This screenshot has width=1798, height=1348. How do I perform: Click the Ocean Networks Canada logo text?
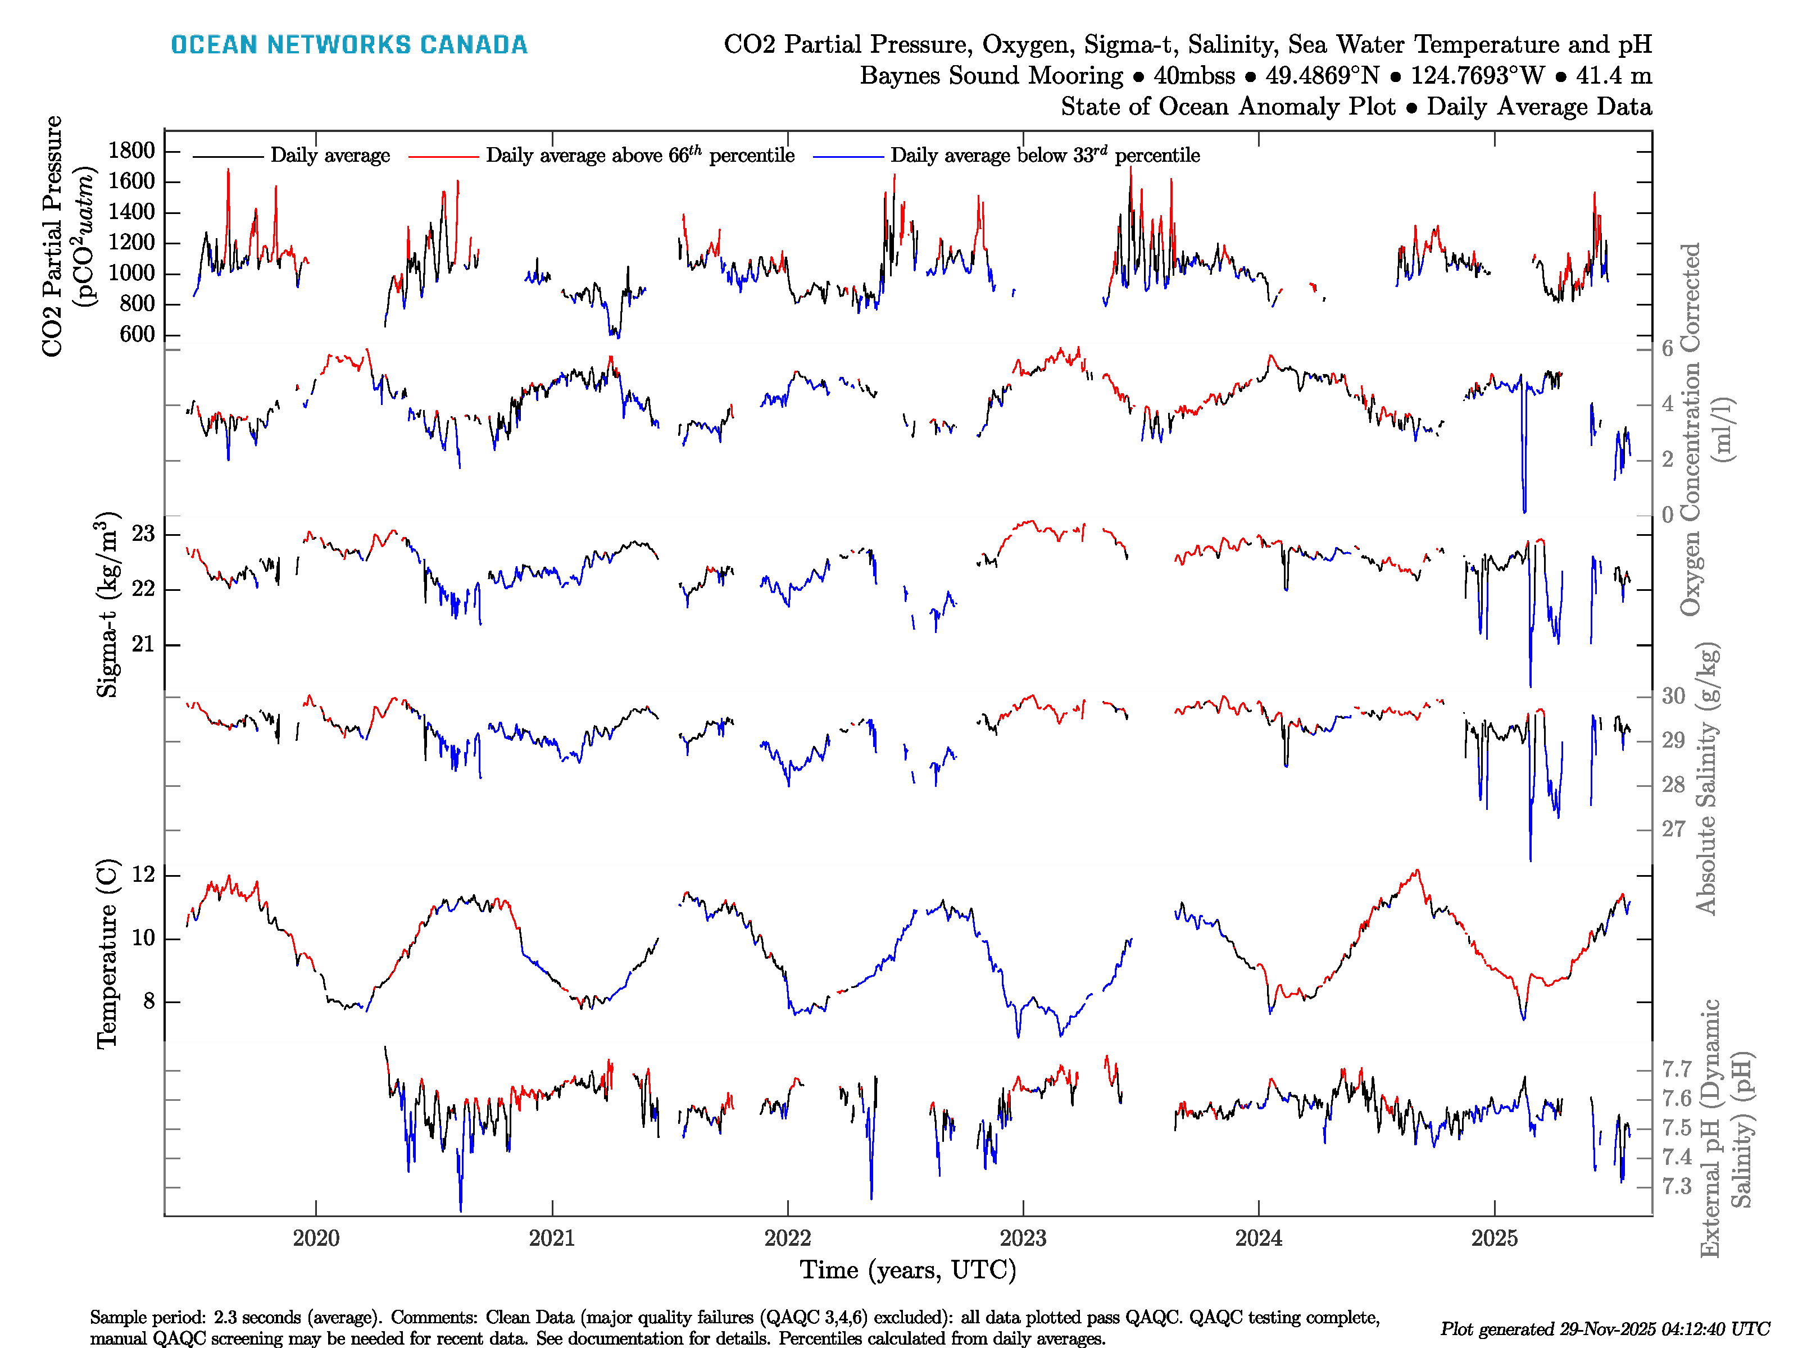coord(349,45)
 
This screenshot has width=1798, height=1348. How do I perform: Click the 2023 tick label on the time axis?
coord(1023,1238)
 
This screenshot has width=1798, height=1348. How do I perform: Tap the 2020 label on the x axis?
coord(316,1238)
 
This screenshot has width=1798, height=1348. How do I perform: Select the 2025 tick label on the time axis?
coord(1494,1238)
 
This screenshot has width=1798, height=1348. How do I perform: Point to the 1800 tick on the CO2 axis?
coord(131,151)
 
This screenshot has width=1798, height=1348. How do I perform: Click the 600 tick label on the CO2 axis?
coord(137,334)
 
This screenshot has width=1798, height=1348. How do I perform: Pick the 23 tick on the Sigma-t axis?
coord(143,534)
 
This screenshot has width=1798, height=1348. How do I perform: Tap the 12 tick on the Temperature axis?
coord(143,875)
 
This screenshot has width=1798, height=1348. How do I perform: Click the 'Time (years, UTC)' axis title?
coord(908,1270)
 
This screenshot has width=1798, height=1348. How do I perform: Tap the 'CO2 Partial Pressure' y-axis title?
coord(53,236)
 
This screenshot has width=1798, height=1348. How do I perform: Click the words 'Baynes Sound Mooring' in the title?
coord(992,76)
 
